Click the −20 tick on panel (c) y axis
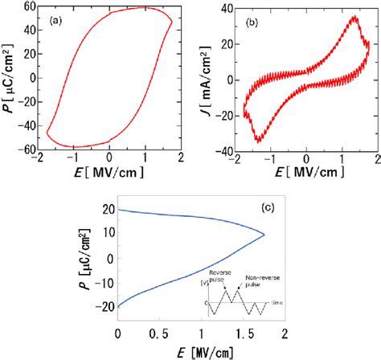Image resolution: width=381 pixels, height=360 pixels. (x=104, y=308)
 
